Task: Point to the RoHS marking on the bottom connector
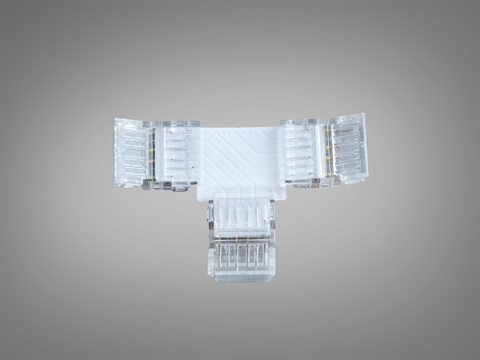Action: tap(231, 257)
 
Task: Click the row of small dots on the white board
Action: tap(234, 132)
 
